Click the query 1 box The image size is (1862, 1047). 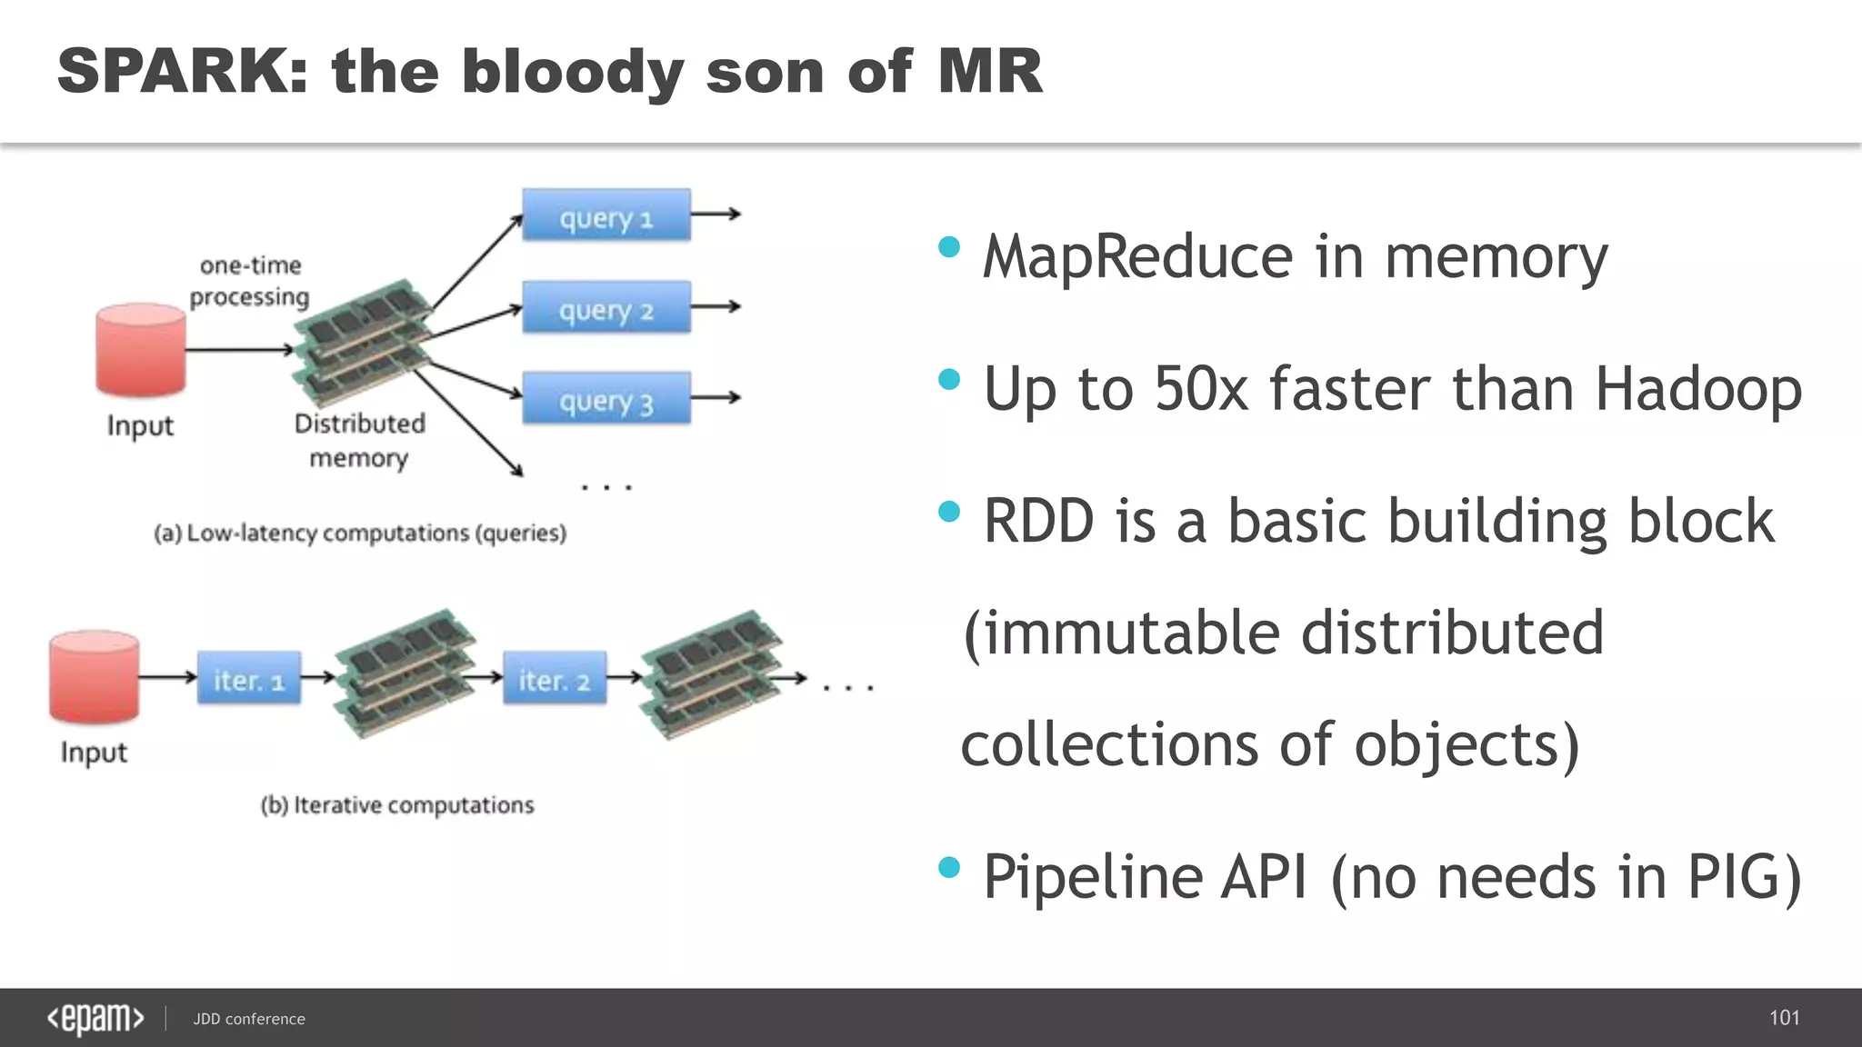606,215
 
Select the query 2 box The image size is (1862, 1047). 606,307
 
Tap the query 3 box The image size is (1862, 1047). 606,398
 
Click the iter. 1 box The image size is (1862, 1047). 249,678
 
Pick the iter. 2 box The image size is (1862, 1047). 555,678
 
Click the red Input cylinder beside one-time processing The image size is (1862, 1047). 141,350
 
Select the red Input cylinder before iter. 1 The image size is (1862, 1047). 95,677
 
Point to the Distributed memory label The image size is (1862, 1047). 359,441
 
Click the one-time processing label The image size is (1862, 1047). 249,281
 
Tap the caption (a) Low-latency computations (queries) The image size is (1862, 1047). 360,533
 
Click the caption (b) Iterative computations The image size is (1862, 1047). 397,805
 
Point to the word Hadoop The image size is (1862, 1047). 1698,389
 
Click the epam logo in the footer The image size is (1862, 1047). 95,1019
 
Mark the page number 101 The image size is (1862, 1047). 1784,1018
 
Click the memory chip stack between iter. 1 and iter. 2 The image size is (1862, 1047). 405,673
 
